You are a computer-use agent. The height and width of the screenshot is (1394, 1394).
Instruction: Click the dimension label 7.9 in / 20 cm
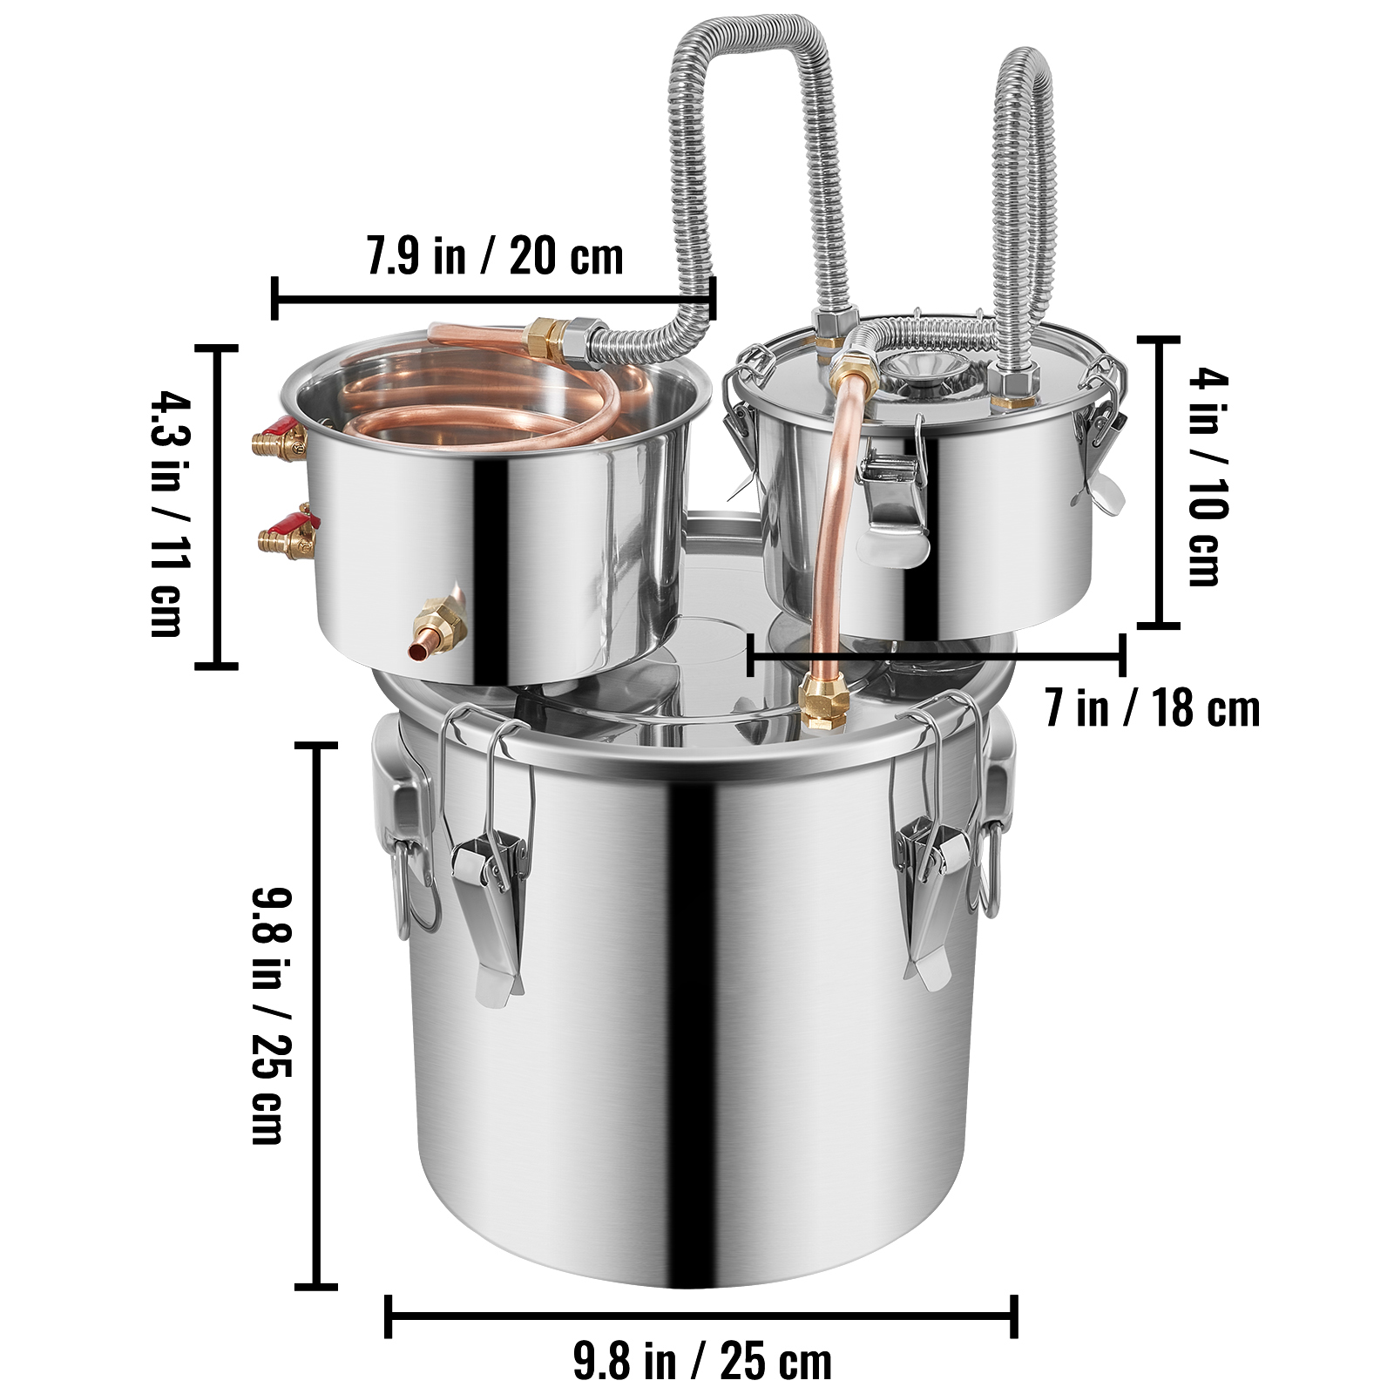tap(495, 256)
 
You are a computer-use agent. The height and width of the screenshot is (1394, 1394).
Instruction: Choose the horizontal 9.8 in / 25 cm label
tap(702, 1361)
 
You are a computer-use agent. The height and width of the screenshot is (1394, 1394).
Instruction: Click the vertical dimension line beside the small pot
tap(1159, 482)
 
